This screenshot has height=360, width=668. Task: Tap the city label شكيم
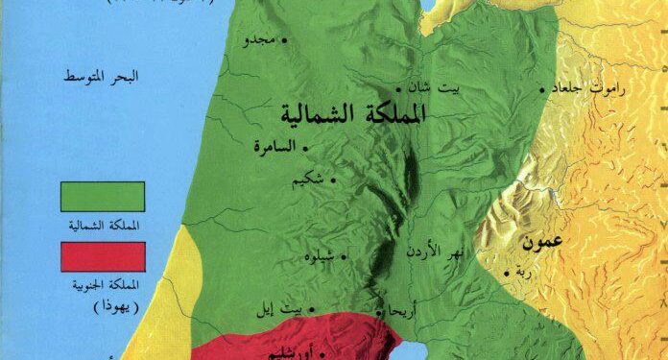point(313,179)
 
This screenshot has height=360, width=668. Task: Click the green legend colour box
point(102,196)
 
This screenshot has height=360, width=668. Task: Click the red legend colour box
point(102,255)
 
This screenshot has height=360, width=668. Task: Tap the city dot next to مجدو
point(283,41)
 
